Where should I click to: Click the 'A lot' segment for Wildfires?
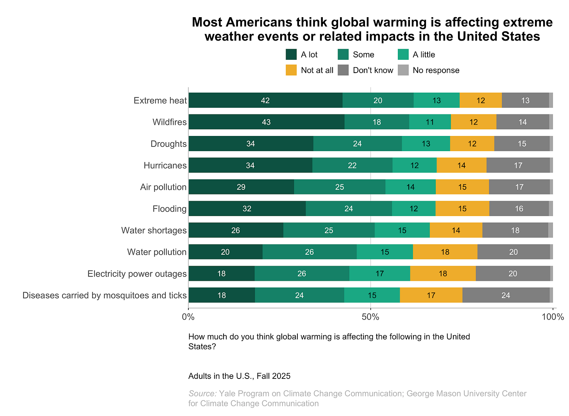(x=266, y=122)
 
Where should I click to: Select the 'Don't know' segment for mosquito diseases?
(x=506, y=295)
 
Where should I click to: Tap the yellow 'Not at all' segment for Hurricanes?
(x=462, y=165)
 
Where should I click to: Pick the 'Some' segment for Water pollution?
(x=310, y=252)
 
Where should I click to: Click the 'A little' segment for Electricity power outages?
(x=379, y=273)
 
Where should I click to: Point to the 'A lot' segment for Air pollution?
(x=241, y=187)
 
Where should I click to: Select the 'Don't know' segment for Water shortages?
(x=515, y=230)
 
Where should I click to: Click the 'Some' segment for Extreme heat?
(x=378, y=100)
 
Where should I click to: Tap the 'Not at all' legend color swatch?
(x=291, y=70)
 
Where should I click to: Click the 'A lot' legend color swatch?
(x=291, y=55)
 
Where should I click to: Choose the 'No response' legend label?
(x=436, y=70)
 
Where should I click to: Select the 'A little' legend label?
(x=424, y=55)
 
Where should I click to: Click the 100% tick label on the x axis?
(x=553, y=317)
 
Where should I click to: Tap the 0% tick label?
(x=188, y=317)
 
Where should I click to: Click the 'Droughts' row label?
(x=168, y=144)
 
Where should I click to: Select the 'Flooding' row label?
(x=170, y=209)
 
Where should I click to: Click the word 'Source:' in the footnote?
(x=202, y=393)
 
